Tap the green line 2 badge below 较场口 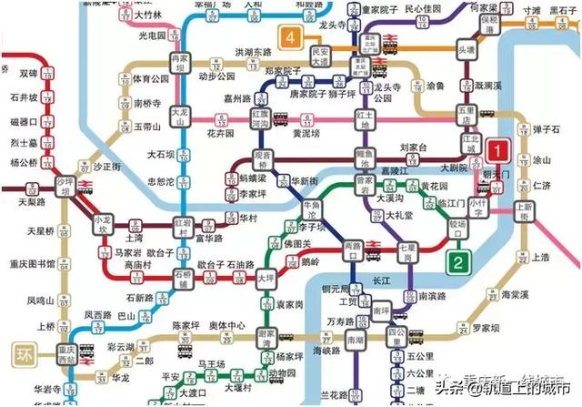460,263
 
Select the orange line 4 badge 291,37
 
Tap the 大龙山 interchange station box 181,114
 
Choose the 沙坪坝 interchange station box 64,185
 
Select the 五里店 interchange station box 467,119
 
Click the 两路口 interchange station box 355,248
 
